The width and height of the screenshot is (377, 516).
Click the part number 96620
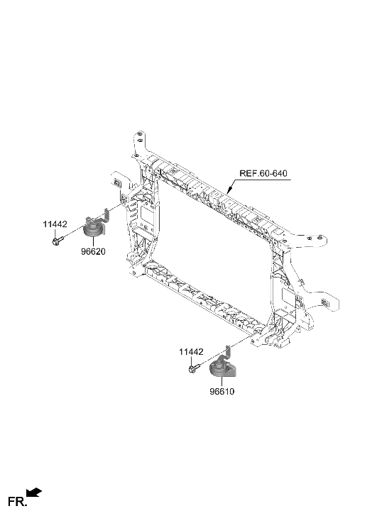83,252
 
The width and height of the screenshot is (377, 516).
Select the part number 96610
222,390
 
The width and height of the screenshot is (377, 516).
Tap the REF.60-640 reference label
263,173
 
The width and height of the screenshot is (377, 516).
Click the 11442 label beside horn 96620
55,224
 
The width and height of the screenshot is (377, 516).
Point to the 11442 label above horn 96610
190,351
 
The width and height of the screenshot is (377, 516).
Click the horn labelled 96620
92,229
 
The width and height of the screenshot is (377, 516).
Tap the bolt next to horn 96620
57,242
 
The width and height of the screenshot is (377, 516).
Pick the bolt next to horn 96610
193,369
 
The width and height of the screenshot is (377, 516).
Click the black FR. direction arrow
34,492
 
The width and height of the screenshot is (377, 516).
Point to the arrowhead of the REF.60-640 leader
229,190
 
